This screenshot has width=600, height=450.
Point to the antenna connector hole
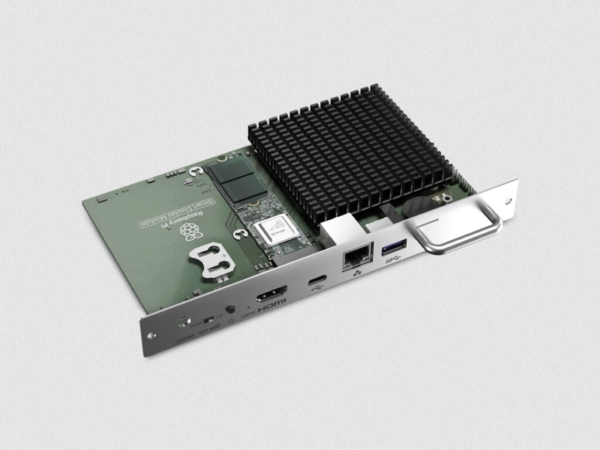click(184, 322)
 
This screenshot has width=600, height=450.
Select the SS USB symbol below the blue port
click(393, 262)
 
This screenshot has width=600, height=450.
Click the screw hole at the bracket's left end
click(152, 336)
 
